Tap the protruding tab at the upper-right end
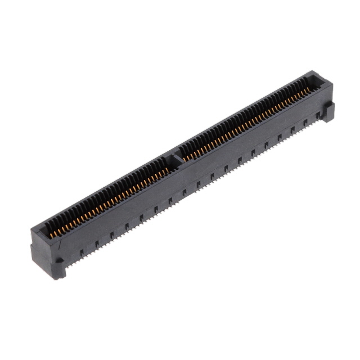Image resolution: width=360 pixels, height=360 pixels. (x=328, y=111)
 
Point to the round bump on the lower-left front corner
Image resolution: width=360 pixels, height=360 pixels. (x=58, y=261)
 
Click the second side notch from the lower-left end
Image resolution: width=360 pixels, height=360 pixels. (x=97, y=244)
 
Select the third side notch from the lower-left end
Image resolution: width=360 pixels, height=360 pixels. (x=112, y=235)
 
